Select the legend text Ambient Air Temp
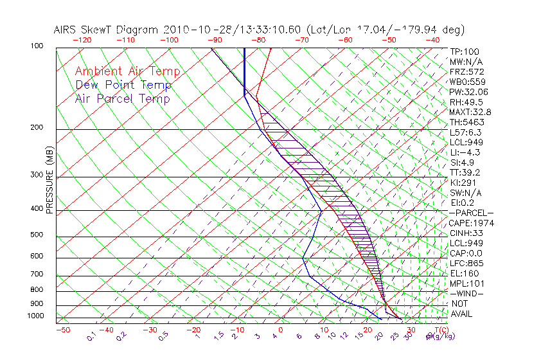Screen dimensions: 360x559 pyautogui.click(x=127, y=71)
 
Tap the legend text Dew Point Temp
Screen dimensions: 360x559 pyautogui.click(x=123, y=85)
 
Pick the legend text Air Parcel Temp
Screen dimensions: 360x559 pyautogui.click(x=122, y=98)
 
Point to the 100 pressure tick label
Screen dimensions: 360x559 pyautogui.click(x=37, y=46)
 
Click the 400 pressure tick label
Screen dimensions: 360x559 pyautogui.click(x=37, y=209)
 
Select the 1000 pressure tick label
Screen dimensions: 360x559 pyautogui.click(x=35, y=316)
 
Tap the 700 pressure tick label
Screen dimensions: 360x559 pyautogui.click(x=37, y=275)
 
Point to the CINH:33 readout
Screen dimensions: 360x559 pyautogui.click(x=466, y=233)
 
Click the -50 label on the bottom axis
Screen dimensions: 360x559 pyautogui.click(x=62, y=330)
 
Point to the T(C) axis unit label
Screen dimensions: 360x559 pyautogui.click(x=441, y=330)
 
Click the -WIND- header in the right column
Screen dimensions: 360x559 pyautogui.click(x=466, y=294)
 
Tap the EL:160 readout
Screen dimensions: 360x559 pyautogui.click(x=464, y=274)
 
